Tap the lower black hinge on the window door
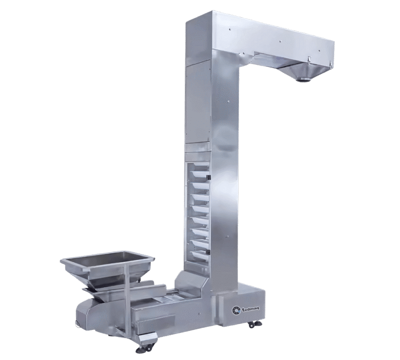click(x=208, y=251)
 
